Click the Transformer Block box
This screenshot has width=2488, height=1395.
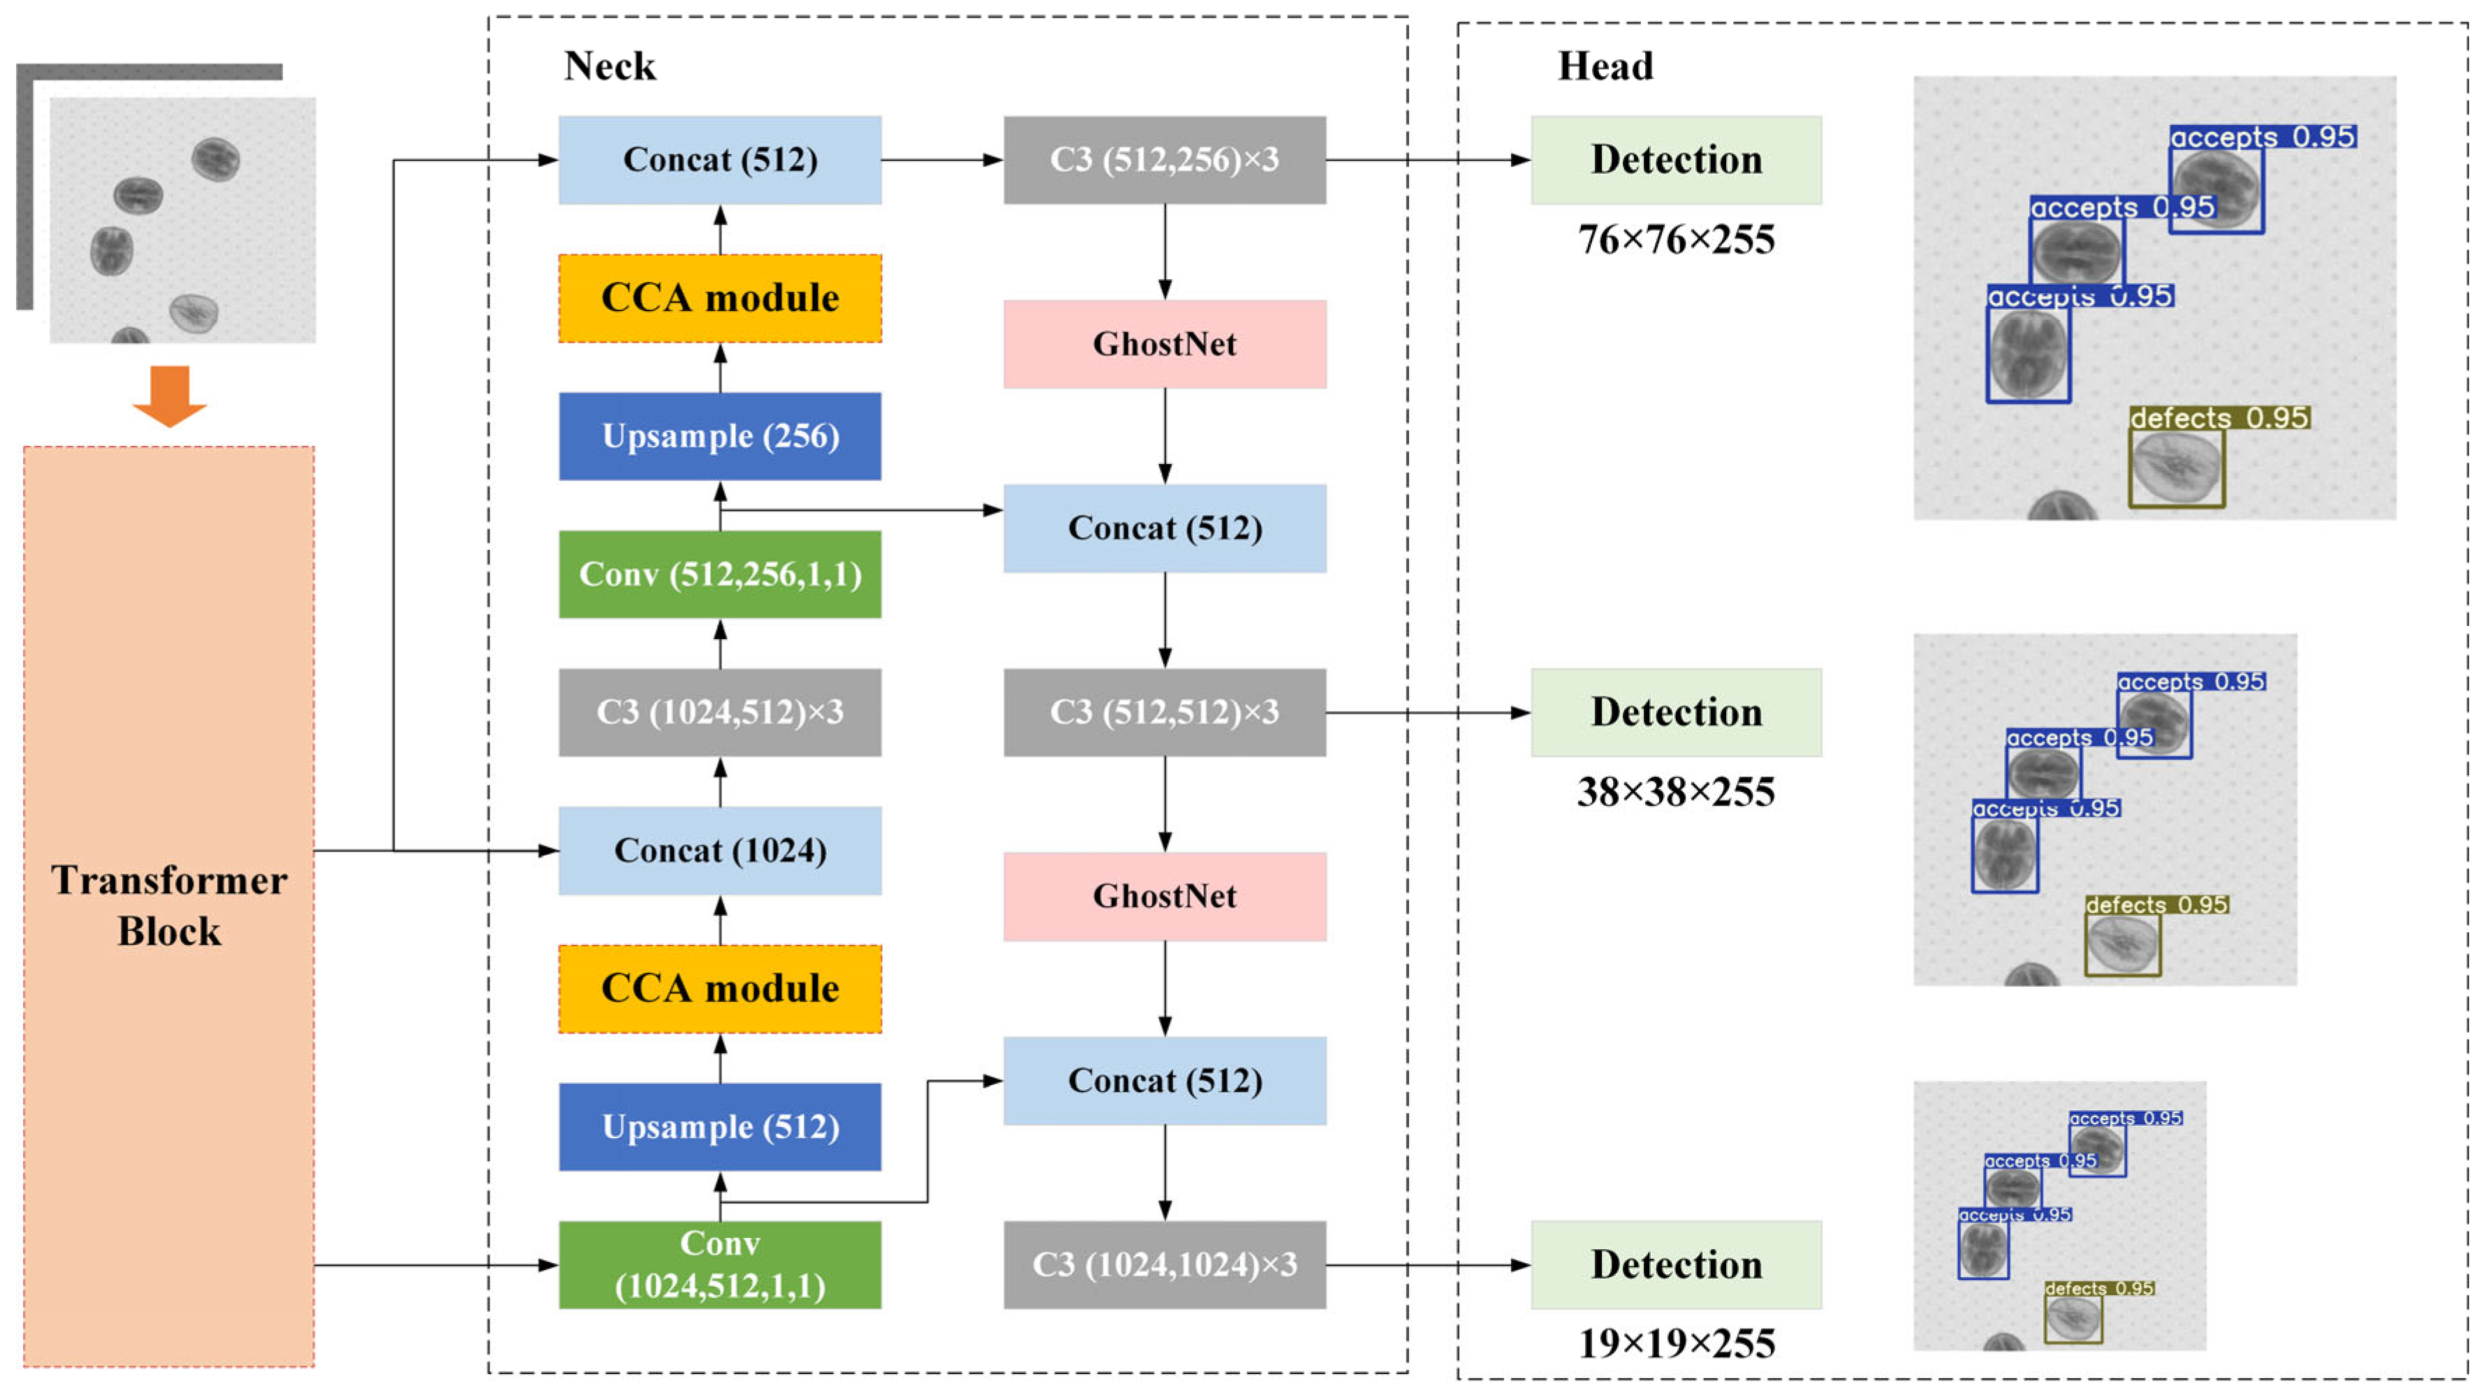(169, 906)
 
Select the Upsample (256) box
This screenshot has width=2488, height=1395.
(719, 436)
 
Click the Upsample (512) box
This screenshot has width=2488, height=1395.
(719, 1126)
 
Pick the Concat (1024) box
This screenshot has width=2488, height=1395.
(719, 851)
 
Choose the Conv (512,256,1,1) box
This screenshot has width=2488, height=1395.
(719, 574)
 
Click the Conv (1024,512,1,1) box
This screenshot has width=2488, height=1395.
(719, 1265)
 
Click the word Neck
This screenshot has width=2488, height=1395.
(610, 66)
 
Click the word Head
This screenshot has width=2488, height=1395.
(1605, 66)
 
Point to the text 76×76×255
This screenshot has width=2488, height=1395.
(1676, 239)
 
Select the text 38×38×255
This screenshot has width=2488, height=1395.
(1676, 791)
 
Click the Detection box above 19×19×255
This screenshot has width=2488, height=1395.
(1676, 1265)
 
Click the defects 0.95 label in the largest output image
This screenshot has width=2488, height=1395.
(2218, 418)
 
